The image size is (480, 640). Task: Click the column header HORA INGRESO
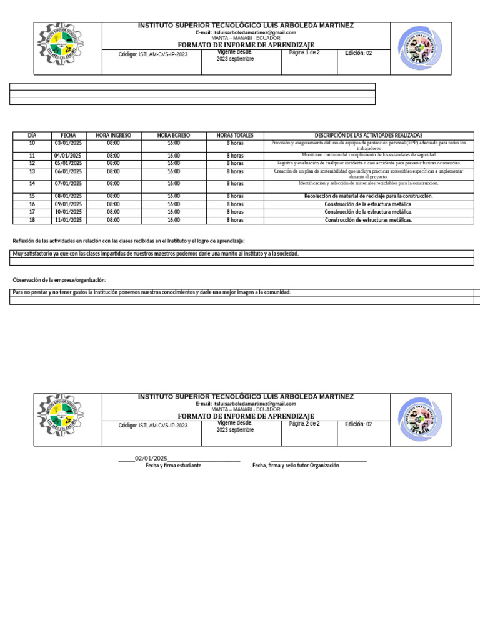click(113, 135)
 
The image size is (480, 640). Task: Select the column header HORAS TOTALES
click(235, 135)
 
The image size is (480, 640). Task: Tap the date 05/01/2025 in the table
click(68, 163)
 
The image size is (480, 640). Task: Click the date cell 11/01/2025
click(68, 220)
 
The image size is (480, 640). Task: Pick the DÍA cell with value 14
click(32, 183)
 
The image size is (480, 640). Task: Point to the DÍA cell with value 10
click(32, 143)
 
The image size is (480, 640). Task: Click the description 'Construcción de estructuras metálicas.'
click(368, 220)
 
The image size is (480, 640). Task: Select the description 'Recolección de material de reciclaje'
click(368, 196)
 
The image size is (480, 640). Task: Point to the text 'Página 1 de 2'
click(304, 53)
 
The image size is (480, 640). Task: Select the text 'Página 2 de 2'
click(304, 424)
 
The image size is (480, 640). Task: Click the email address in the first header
click(246, 32)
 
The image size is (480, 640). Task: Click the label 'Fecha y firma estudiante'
click(173, 466)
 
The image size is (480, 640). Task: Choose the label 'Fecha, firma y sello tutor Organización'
click(296, 466)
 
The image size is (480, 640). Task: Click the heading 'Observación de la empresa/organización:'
click(59, 280)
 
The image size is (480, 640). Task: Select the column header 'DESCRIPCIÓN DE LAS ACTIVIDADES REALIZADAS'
click(368, 135)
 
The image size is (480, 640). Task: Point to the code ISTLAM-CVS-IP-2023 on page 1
click(162, 54)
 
